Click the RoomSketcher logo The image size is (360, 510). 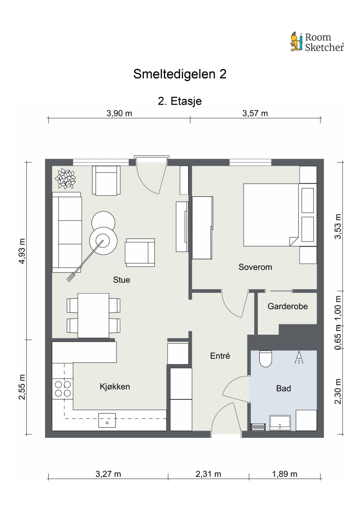coord(317,41)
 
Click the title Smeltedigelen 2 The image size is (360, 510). coord(180,75)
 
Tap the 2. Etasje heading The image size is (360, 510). coord(180,101)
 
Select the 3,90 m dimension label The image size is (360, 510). coord(119,113)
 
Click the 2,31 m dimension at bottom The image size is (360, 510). coord(208,474)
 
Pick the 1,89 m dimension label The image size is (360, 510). coord(284,474)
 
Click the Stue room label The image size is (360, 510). coord(121,280)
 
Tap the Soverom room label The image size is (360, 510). coord(255,267)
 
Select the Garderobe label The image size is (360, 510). coord(287,307)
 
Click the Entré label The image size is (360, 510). coord(220,356)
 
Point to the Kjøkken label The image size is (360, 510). coord(114,387)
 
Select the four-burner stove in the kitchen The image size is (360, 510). coord(62,388)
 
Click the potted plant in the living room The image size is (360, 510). coord(65,179)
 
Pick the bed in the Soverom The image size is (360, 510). coord(270,214)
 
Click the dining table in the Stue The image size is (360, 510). coord(94,315)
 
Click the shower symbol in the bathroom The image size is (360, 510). coord(299,359)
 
